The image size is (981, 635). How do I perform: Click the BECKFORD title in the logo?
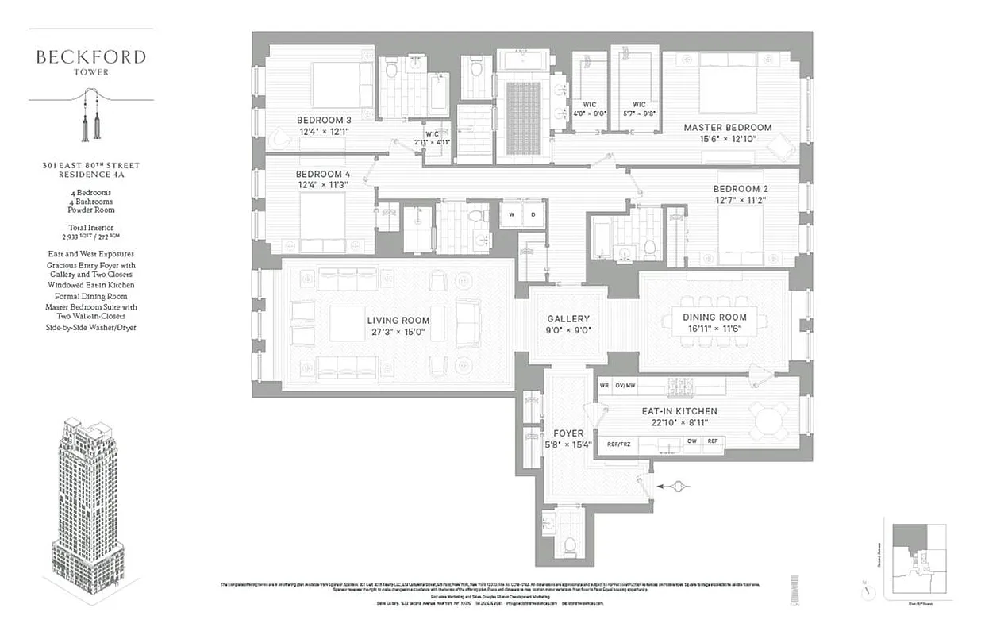[x=90, y=57]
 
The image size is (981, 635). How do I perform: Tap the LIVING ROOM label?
[x=398, y=321]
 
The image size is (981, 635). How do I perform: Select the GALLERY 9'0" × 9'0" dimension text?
[x=568, y=329]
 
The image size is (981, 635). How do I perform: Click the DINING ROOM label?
[x=714, y=317]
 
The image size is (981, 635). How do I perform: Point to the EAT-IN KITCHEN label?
[x=679, y=411]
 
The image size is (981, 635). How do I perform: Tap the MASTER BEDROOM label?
[x=728, y=127]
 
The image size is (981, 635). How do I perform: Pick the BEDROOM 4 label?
[x=323, y=174]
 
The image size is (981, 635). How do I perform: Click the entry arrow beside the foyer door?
[x=675, y=487]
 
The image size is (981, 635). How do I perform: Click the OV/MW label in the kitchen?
[x=627, y=386]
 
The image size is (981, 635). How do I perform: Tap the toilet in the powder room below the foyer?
[x=568, y=545]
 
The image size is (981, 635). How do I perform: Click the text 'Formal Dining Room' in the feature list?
[x=90, y=296]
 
